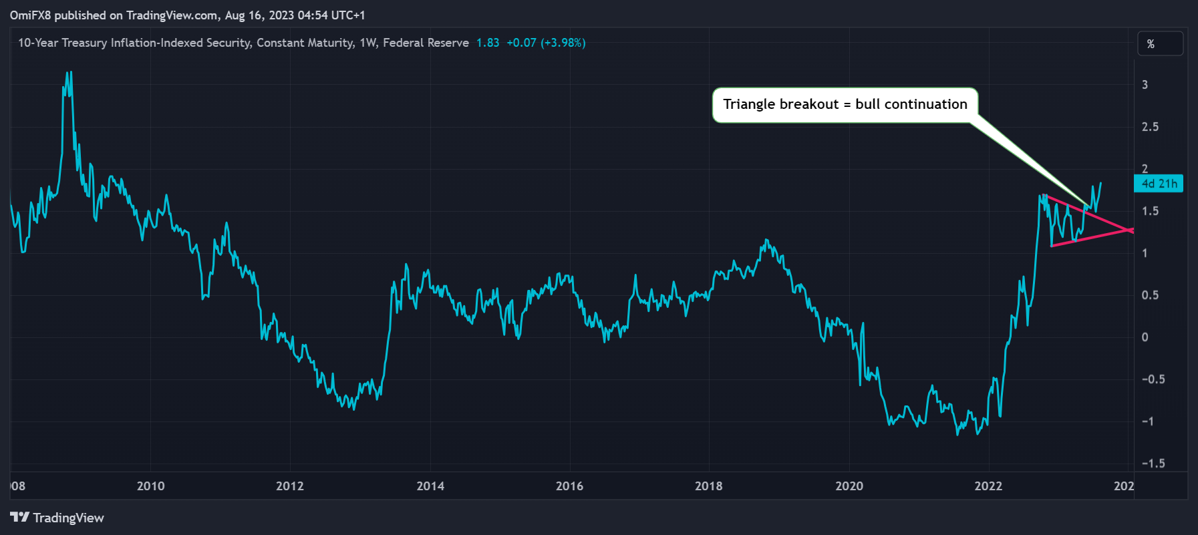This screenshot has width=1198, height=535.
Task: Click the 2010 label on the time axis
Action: (150, 486)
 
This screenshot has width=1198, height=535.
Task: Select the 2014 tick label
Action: (430, 486)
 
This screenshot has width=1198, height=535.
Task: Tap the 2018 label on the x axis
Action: (708, 486)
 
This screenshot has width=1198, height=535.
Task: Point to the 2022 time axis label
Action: (988, 486)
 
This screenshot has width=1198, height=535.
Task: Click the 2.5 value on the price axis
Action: (1150, 127)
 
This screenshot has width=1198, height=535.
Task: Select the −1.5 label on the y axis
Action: (1153, 464)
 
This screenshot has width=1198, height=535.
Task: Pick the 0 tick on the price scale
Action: (1145, 337)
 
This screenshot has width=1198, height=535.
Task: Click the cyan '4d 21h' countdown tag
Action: (1159, 184)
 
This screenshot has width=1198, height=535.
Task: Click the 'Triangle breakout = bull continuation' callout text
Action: (845, 104)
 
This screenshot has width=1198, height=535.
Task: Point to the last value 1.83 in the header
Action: (488, 43)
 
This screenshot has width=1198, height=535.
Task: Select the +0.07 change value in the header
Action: (521, 43)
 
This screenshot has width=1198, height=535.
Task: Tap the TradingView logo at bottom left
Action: (57, 518)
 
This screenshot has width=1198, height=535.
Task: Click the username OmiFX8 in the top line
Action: (30, 15)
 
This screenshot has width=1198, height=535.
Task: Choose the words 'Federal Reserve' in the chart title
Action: (426, 43)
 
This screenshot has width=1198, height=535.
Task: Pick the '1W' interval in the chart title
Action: (367, 43)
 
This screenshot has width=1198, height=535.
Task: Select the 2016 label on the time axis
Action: (569, 486)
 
